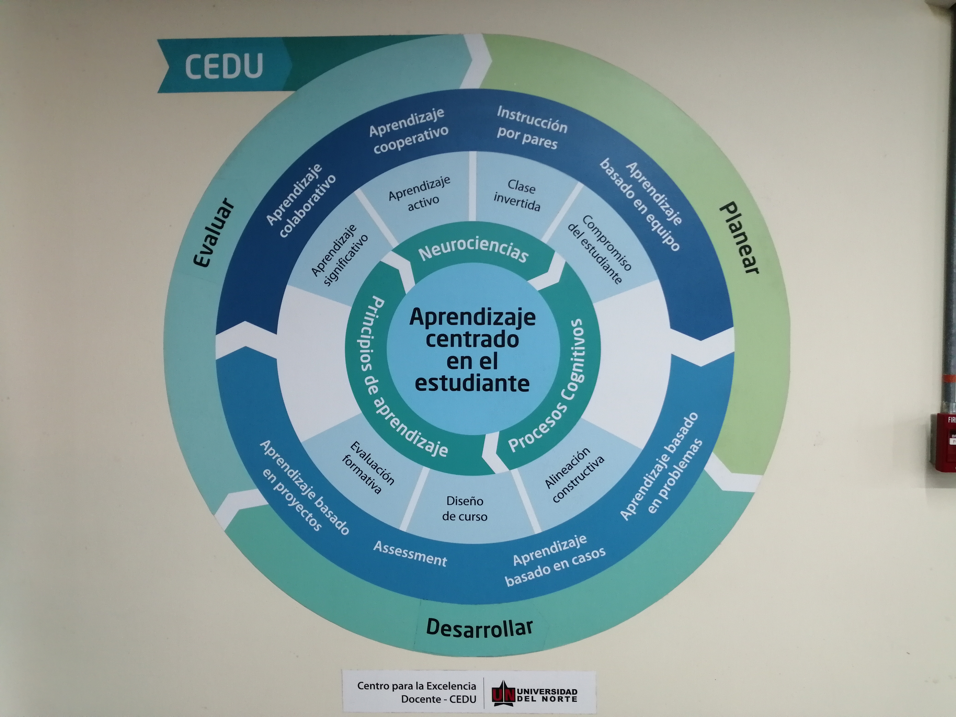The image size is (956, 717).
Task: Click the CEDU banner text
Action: [x=224, y=66]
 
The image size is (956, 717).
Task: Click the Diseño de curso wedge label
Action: [x=465, y=509]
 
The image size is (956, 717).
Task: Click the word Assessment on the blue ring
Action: [x=410, y=554]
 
